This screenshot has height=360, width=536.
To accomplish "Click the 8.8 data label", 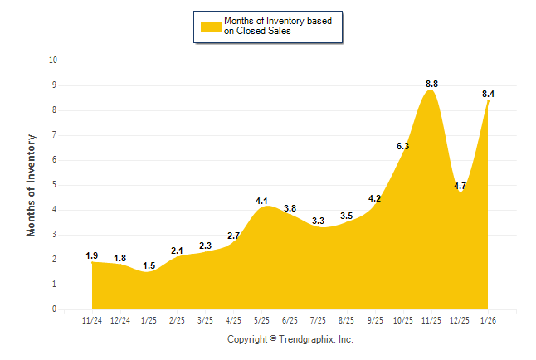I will [x=431, y=84].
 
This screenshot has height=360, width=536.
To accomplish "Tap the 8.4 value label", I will [x=488, y=94].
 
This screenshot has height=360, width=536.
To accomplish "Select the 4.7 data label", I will [x=460, y=186].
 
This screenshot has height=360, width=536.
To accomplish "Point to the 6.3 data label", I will [x=403, y=146].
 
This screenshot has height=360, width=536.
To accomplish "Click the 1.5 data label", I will [x=149, y=265].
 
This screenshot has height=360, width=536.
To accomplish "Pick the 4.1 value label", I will [x=262, y=201].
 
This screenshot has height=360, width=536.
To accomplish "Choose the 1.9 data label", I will [x=92, y=255].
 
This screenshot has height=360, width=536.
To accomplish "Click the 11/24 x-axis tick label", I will [x=92, y=320].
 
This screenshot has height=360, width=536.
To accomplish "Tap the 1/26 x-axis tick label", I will [x=488, y=320].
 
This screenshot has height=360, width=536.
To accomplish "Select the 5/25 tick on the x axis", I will [x=262, y=320].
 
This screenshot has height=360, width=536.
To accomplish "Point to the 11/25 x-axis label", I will [x=431, y=320].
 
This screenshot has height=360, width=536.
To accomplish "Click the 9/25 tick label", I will [x=375, y=320].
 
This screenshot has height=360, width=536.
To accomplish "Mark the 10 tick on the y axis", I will [x=53, y=60].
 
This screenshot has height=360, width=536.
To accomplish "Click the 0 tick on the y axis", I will [x=55, y=309].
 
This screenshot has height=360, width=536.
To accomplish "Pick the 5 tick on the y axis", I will [x=55, y=184].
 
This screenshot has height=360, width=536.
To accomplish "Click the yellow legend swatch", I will [x=211, y=27].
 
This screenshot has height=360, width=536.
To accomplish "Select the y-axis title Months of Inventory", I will [x=32, y=185].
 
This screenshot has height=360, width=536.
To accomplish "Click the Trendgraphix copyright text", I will [x=290, y=340].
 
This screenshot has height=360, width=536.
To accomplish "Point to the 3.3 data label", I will [x=319, y=221].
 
